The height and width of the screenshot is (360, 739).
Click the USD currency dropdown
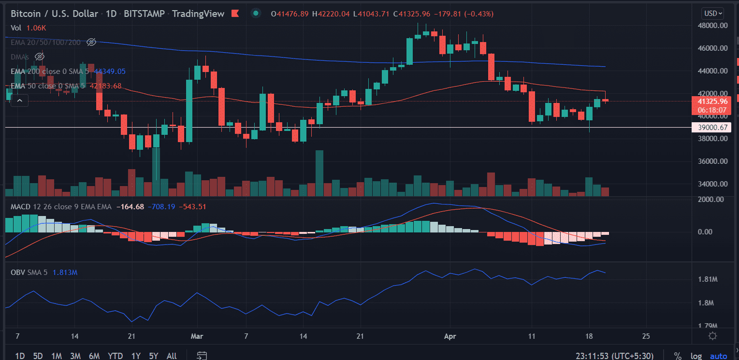coord(713,14)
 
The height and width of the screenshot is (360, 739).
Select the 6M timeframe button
coord(94,356)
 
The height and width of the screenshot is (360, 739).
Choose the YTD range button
coord(115,356)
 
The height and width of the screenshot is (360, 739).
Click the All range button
coord(172,356)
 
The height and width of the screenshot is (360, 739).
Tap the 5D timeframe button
coord(39,356)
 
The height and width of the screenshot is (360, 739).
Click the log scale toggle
coord(696,356)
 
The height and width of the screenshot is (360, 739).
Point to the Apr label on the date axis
coord(450,336)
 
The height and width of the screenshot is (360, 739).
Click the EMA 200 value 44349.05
coord(110,72)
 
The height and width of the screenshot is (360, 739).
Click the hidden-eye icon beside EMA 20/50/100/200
coord(91,43)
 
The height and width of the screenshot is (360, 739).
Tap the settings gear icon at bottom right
coord(712,336)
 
